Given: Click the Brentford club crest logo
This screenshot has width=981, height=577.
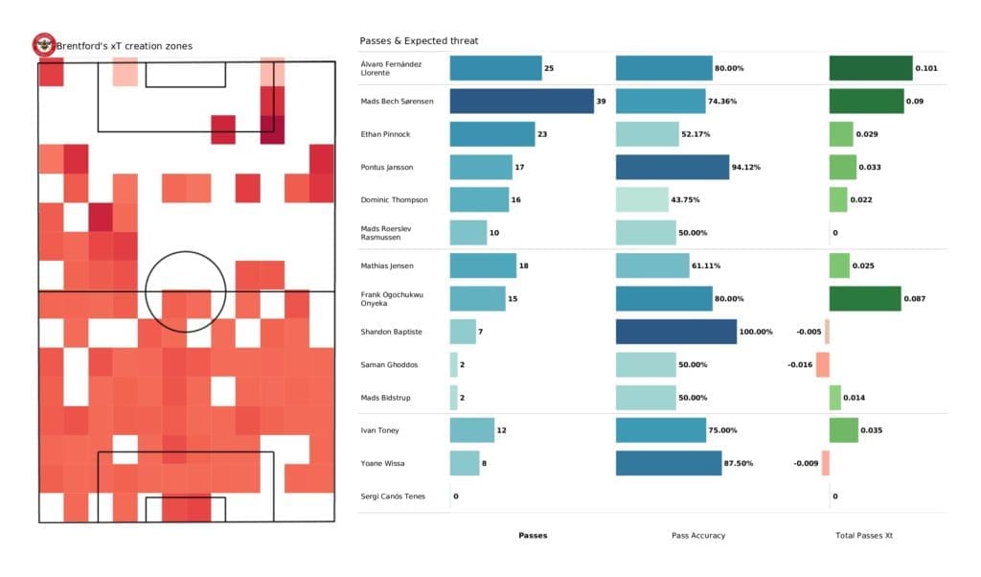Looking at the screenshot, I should [x=43, y=44].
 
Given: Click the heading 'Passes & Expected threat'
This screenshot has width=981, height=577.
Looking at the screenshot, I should [x=419, y=41].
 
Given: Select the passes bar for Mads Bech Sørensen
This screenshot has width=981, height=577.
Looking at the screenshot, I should [x=521, y=102].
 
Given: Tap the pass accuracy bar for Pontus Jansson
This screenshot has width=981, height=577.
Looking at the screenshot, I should [x=673, y=167].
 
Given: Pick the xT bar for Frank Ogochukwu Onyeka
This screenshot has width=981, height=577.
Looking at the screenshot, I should [x=865, y=299].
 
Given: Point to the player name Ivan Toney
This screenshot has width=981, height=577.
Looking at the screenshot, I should [x=381, y=430].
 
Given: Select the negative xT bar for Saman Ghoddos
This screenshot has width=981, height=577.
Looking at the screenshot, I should [x=822, y=365].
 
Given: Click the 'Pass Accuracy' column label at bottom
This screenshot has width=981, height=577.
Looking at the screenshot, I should [x=698, y=536].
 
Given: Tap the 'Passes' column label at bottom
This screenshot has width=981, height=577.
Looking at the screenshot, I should [x=533, y=536].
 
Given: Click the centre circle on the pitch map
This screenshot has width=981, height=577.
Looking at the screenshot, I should [x=186, y=290].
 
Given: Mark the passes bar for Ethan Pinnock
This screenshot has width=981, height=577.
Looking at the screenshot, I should [x=492, y=134].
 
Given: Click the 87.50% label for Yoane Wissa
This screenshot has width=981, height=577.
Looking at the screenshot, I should [x=738, y=464].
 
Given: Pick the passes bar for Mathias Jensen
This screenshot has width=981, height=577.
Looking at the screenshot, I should [x=483, y=265].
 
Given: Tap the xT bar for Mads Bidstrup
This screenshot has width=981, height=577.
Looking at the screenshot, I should [x=835, y=398].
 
